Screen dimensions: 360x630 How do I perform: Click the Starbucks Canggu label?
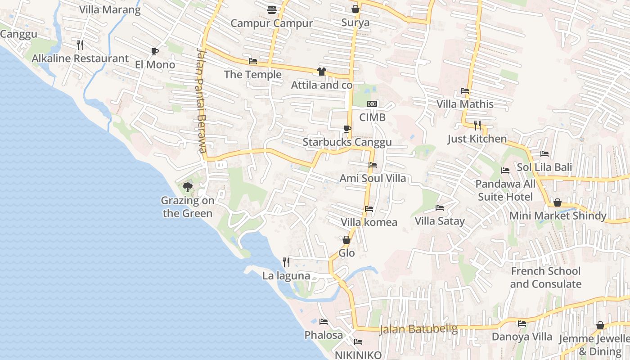pyautogui.click(x=347, y=142)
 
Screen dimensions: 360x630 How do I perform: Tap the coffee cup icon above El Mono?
pyautogui.click(x=155, y=52)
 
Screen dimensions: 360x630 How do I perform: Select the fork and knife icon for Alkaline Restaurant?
pyautogui.click(x=80, y=45)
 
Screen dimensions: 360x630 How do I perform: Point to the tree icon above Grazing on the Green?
pyautogui.click(x=187, y=187)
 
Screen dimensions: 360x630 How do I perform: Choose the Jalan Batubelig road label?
pyautogui.click(x=418, y=329)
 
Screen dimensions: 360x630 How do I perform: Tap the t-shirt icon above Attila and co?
pyautogui.click(x=321, y=72)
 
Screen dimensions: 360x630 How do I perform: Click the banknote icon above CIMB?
pyautogui.click(x=372, y=104)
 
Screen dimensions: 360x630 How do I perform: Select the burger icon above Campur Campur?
pyautogui.click(x=271, y=9)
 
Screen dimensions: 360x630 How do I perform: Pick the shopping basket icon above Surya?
pyautogui.click(x=355, y=9)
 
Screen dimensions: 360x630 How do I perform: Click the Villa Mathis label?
pyautogui.click(x=465, y=104)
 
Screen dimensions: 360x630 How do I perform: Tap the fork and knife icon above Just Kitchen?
pyautogui.click(x=477, y=125)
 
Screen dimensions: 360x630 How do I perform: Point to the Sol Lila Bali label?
pyautogui.click(x=544, y=167)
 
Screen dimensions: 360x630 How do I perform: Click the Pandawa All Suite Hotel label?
pyautogui.click(x=505, y=190)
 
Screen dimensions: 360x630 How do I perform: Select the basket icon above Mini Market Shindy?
pyautogui.click(x=557, y=203)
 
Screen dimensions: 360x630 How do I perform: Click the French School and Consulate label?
pyautogui.click(x=545, y=278)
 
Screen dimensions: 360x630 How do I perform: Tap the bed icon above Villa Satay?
pyautogui.click(x=440, y=208)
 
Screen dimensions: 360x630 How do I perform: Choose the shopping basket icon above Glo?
pyautogui.click(x=346, y=240)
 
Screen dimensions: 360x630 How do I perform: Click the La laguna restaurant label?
pyautogui.click(x=286, y=276)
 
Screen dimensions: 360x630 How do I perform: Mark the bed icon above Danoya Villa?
pyautogui.click(x=522, y=324)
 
